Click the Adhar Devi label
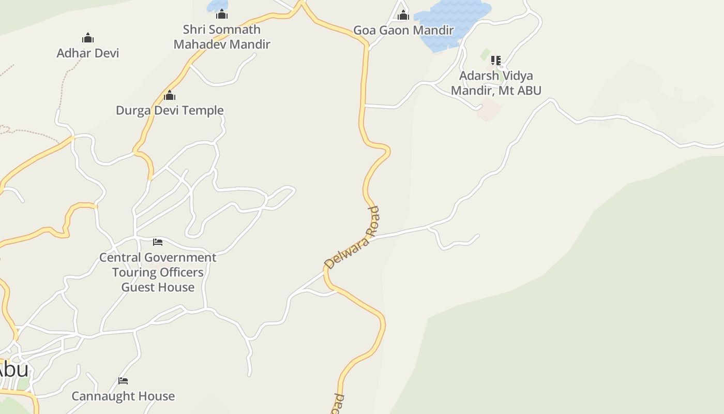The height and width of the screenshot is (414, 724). click(x=87, y=53)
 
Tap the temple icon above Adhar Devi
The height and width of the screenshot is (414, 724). click(x=88, y=38)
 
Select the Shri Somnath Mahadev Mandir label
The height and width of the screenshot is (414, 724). click(x=222, y=37)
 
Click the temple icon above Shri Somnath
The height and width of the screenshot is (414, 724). click(x=222, y=14)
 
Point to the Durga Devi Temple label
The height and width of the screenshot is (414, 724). click(x=170, y=110)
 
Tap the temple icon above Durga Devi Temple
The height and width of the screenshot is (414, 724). click(x=170, y=96)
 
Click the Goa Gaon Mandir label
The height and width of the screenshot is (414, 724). click(x=403, y=31)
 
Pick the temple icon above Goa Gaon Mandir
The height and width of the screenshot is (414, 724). click(x=403, y=16)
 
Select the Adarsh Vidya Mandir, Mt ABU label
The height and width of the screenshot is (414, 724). click(x=496, y=83)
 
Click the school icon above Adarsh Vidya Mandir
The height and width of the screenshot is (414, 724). click(x=496, y=61)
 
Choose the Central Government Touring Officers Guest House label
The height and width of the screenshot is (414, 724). click(x=158, y=272)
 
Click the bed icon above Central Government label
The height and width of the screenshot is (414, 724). click(x=158, y=242)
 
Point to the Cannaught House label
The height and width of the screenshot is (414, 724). click(x=123, y=396)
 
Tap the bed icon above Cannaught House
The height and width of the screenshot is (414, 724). click(x=123, y=381)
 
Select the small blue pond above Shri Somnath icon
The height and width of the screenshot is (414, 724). click(x=215, y=6)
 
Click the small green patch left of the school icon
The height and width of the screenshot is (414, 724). click(x=485, y=54)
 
